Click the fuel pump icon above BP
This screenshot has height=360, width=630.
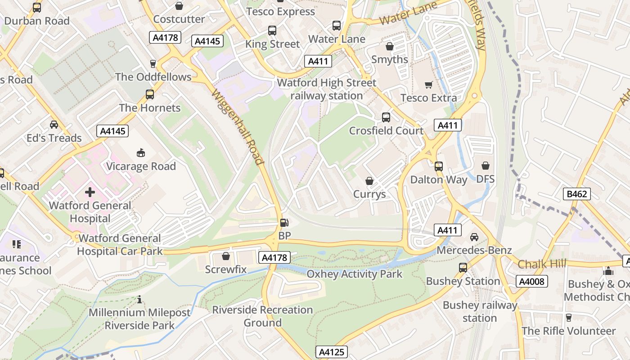click(x=284, y=222)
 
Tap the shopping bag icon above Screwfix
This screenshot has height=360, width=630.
click(x=226, y=256)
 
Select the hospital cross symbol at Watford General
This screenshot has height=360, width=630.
click(x=90, y=193)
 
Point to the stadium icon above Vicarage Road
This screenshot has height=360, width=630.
click(x=141, y=153)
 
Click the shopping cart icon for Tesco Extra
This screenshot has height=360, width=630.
click(x=428, y=85)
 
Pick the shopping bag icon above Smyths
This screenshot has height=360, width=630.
click(x=390, y=46)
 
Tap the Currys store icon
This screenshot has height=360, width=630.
click(x=369, y=181)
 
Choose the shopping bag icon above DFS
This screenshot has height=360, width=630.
click(x=485, y=166)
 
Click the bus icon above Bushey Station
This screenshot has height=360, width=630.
click(x=463, y=268)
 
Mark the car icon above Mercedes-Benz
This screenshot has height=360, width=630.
click(x=474, y=237)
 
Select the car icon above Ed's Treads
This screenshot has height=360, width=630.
click(x=54, y=125)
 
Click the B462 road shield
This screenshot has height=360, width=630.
click(x=576, y=194)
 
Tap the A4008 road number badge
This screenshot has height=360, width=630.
click(x=531, y=281)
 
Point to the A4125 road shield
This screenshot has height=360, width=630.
click(x=332, y=352)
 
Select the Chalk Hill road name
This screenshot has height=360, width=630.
click(x=541, y=264)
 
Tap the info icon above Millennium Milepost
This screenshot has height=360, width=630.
click(x=139, y=299)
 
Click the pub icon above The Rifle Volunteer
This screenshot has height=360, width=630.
click(x=568, y=318)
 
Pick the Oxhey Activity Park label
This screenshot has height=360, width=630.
click(x=354, y=274)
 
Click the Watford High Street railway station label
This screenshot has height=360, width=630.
click(x=327, y=89)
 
